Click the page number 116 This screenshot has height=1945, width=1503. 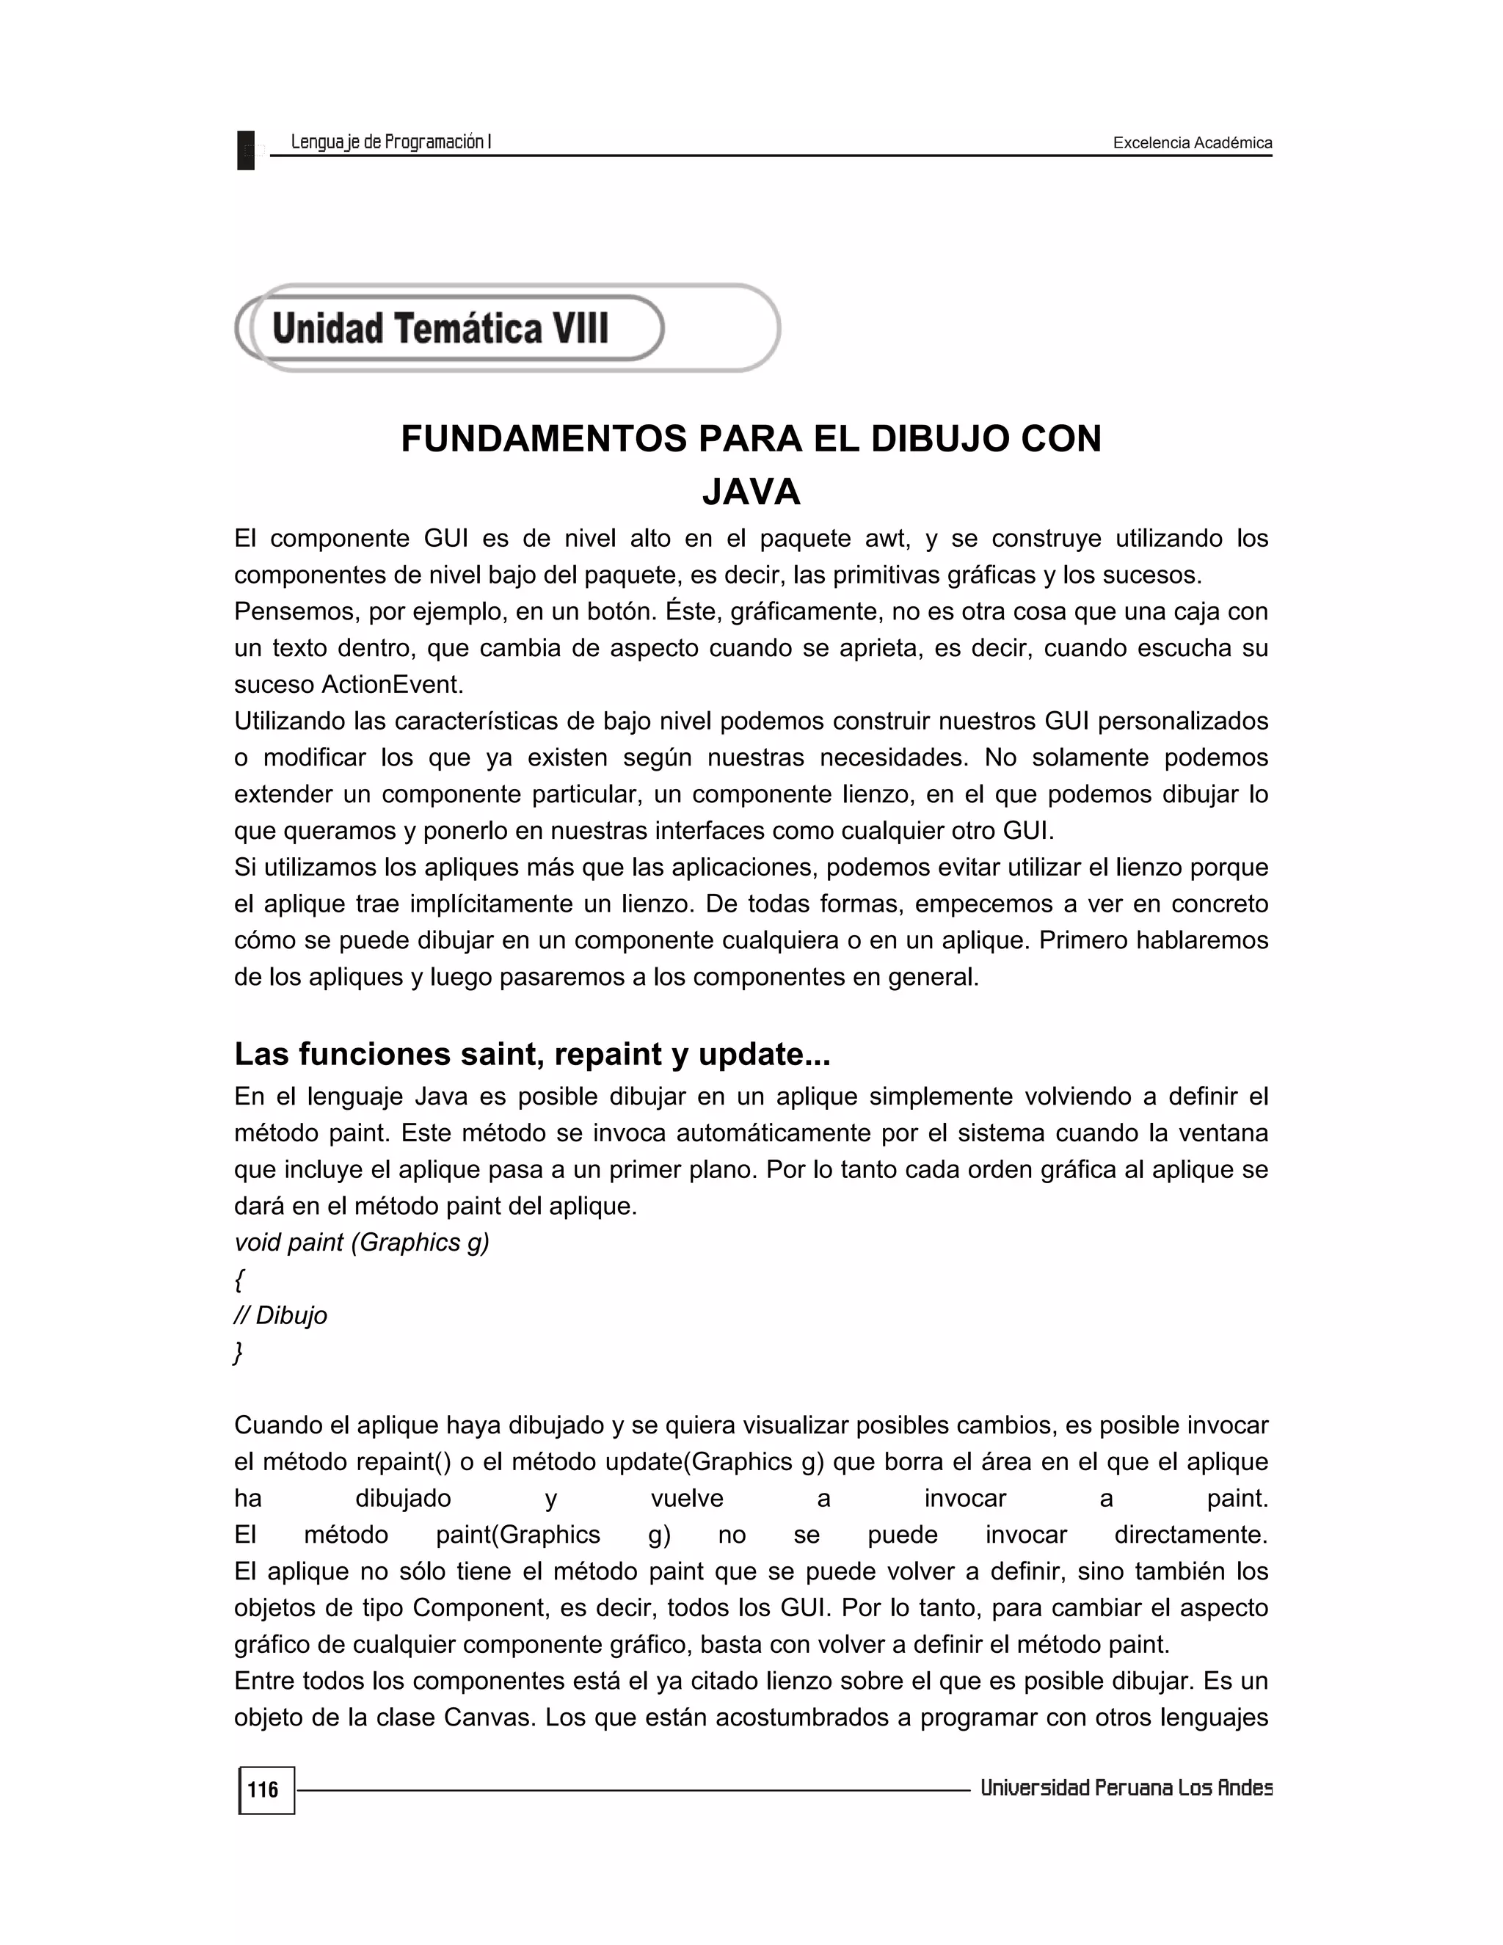pyautogui.click(x=263, y=1790)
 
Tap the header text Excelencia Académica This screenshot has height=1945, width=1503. pyautogui.click(x=1193, y=142)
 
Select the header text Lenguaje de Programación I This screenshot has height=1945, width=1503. pyautogui.click(x=391, y=142)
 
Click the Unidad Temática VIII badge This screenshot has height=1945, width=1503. pyautogui.click(x=441, y=328)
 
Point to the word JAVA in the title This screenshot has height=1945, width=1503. pyautogui.click(x=751, y=492)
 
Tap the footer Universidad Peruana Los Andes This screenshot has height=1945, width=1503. pyautogui.click(x=1126, y=1787)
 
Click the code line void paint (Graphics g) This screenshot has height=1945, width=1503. pyautogui.click(x=362, y=1243)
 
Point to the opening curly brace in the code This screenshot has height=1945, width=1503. pyautogui.click(x=239, y=1280)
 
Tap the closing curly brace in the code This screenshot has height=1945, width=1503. pyautogui.click(x=238, y=1353)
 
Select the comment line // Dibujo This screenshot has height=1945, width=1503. pyautogui.click(x=280, y=1315)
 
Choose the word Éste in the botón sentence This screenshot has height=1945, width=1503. pyautogui.click(x=691, y=612)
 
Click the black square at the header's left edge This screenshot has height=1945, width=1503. pyautogui.click(x=246, y=150)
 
